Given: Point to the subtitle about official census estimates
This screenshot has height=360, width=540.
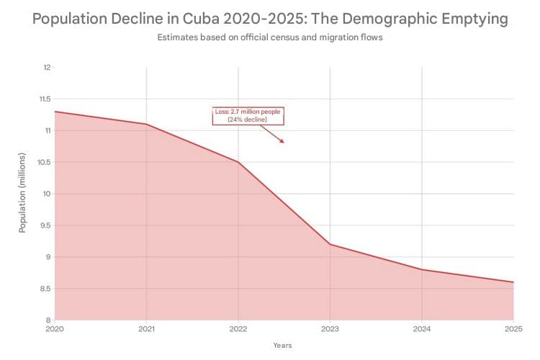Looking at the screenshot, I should (x=269, y=37).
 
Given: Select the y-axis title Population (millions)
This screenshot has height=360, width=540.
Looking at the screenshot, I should (x=22, y=193).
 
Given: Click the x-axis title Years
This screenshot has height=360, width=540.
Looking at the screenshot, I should (x=282, y=346).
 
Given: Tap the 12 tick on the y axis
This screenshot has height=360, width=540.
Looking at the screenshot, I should (x=47, y=68).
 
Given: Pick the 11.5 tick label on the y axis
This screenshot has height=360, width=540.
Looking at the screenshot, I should (x=45, y=99).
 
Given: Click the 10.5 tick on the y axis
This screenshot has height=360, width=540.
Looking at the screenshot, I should (x=45, y=162).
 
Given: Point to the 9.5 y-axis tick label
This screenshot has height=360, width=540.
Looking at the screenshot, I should (x=45, y=225).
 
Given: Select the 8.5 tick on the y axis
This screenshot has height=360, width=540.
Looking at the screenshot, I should (x=45, y=289).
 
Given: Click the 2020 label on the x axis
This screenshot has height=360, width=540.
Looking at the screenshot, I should (x=55, y=328).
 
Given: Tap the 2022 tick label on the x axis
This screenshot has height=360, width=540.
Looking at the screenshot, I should (x=238, y=328).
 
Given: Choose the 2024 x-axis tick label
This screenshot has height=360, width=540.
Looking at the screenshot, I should (x=422, y=328).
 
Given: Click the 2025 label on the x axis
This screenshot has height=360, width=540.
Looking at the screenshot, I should (x=513, y=328).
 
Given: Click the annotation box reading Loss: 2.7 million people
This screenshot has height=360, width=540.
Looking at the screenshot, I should (x=247, y=115).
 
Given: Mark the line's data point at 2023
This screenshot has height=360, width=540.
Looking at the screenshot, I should (x=330, y=244).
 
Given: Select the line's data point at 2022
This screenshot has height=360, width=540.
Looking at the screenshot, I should (x=238, y=162).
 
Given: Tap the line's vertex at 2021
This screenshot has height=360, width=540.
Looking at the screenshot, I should (x=147, y=124).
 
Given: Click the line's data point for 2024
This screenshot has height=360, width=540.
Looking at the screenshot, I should (x=422, y=269).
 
